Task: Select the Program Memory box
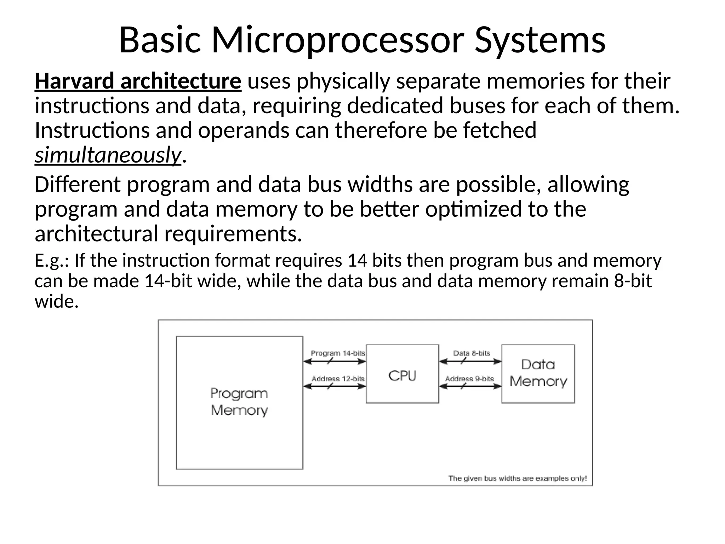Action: point(239,402)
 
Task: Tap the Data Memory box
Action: point(538,373)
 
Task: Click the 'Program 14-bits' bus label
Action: point(337,353)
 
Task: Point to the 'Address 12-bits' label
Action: point(338,378)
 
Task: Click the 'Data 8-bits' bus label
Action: point(472,353)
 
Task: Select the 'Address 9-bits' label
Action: point(469,378)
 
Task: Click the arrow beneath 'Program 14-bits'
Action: point(335,361)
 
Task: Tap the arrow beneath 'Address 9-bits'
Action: point(470,386)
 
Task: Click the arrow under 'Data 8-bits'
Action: point(470,361)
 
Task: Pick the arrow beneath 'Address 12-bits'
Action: point(335,386)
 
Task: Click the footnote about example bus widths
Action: point(517,478)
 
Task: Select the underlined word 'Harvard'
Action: point(74,81)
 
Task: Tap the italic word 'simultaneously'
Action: point(108,155)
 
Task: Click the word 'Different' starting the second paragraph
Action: point(78,185)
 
